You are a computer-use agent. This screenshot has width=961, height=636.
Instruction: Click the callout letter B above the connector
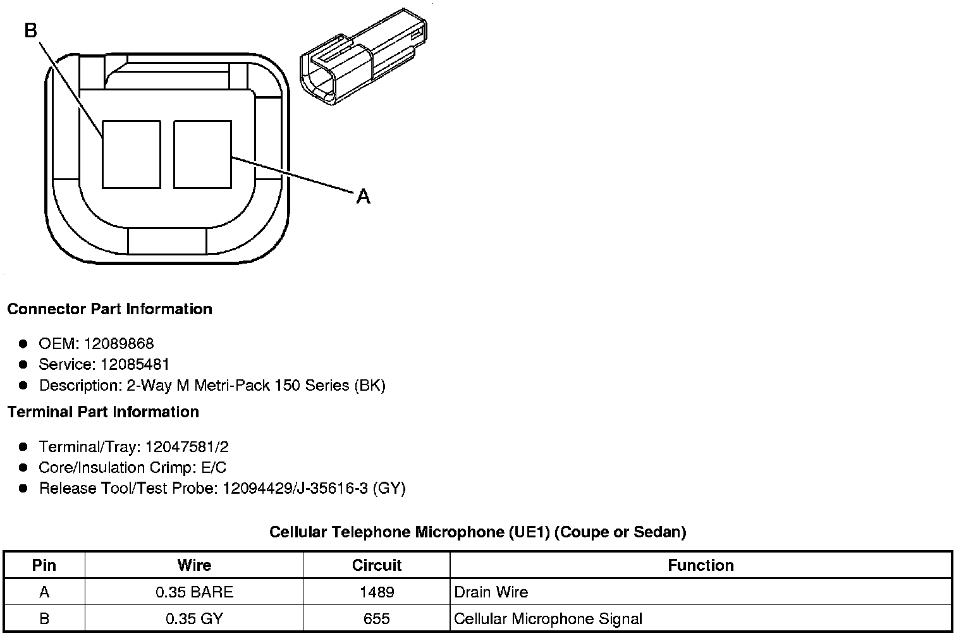(31, 30)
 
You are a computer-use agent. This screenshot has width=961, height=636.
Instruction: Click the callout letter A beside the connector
(363, 197)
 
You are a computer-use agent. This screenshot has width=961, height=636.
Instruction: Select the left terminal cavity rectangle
(132, 154)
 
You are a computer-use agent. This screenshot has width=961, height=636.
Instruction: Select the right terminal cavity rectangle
(202, 154)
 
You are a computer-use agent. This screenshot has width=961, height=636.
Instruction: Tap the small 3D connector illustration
(364, 57)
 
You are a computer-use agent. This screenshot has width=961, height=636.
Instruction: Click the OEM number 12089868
(119, 343)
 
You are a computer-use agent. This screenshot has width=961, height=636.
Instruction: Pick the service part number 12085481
(135, 364)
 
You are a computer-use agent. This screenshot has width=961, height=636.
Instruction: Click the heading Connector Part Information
(110, 309)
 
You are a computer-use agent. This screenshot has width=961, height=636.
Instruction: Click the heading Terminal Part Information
(104, 412)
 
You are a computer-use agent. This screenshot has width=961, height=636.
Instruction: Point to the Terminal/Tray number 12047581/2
(187, 447)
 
